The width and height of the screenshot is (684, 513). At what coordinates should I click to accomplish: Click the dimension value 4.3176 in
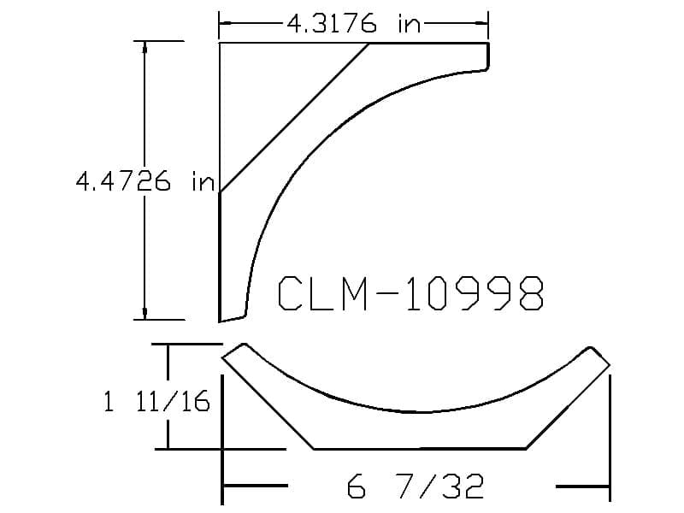(x=354, y=23)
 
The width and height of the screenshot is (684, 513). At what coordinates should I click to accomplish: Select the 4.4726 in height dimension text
(x=145, y=181)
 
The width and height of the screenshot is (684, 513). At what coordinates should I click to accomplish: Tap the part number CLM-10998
(x=410, y=293)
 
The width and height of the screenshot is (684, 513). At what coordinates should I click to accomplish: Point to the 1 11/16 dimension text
(x=156, y=401)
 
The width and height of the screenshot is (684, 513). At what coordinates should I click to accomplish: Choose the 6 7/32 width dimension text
(x=416, y=486)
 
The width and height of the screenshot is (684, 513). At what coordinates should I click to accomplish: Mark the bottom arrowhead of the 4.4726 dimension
(x=144, y=313)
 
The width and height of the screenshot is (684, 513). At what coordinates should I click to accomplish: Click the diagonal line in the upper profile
(x=294, y=117)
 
